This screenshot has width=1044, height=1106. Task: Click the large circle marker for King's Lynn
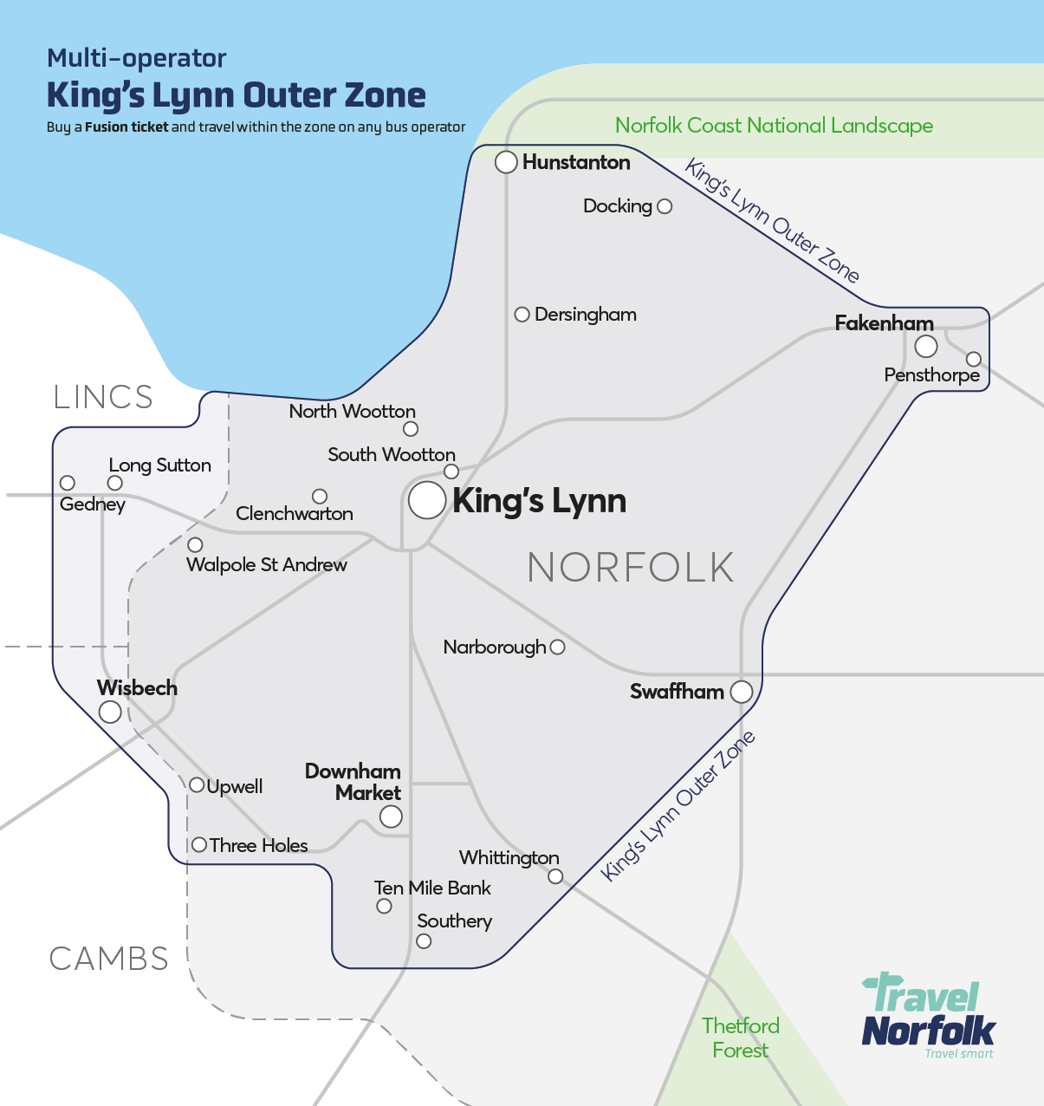[427, 501]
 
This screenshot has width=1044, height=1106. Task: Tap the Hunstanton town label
[576, 162]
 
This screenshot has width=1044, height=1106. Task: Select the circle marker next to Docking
[665, 206]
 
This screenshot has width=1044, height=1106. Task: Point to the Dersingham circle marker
[522, 315]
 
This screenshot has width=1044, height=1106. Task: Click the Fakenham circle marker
[926, 347]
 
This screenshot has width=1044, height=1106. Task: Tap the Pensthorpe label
[931, 375]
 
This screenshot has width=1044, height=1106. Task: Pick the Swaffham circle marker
[742, 692]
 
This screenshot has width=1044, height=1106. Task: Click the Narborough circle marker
[558, 647]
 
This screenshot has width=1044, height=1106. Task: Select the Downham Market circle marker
[391, 816]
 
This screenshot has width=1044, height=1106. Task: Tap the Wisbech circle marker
[110, 712]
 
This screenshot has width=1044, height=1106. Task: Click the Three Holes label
[258, 845]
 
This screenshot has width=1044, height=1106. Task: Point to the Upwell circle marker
[198, 785]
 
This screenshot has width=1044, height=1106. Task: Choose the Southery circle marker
[424, 941]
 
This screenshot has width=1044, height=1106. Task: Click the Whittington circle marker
[555, 877]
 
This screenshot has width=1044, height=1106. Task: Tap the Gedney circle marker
[68, 483]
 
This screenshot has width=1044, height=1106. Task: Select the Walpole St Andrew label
[267, 565]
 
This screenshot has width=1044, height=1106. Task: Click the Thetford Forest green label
[741, 1038]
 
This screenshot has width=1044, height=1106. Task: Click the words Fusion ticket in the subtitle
[126, 127]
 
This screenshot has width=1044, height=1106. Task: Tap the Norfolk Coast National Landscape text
[774, 126]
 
